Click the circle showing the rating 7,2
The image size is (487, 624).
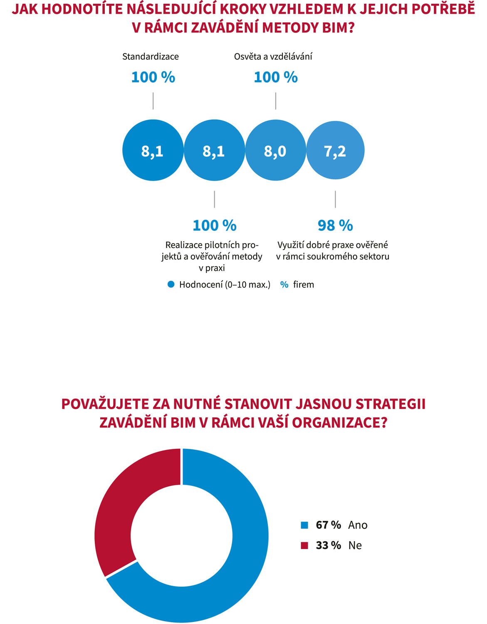335,150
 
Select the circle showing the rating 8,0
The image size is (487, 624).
275,150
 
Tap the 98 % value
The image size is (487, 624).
335,225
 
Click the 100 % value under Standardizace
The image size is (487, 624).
153,77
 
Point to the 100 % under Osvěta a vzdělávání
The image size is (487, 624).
276,77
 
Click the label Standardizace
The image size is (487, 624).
151,57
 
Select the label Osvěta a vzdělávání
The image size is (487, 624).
273,57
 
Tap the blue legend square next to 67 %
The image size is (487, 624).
304,525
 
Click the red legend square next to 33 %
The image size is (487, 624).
304,545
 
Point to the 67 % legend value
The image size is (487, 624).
328,525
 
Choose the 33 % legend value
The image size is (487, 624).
328,545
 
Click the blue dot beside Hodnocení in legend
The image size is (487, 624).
171,285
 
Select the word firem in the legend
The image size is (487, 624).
304,285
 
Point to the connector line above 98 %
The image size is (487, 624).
335,199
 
